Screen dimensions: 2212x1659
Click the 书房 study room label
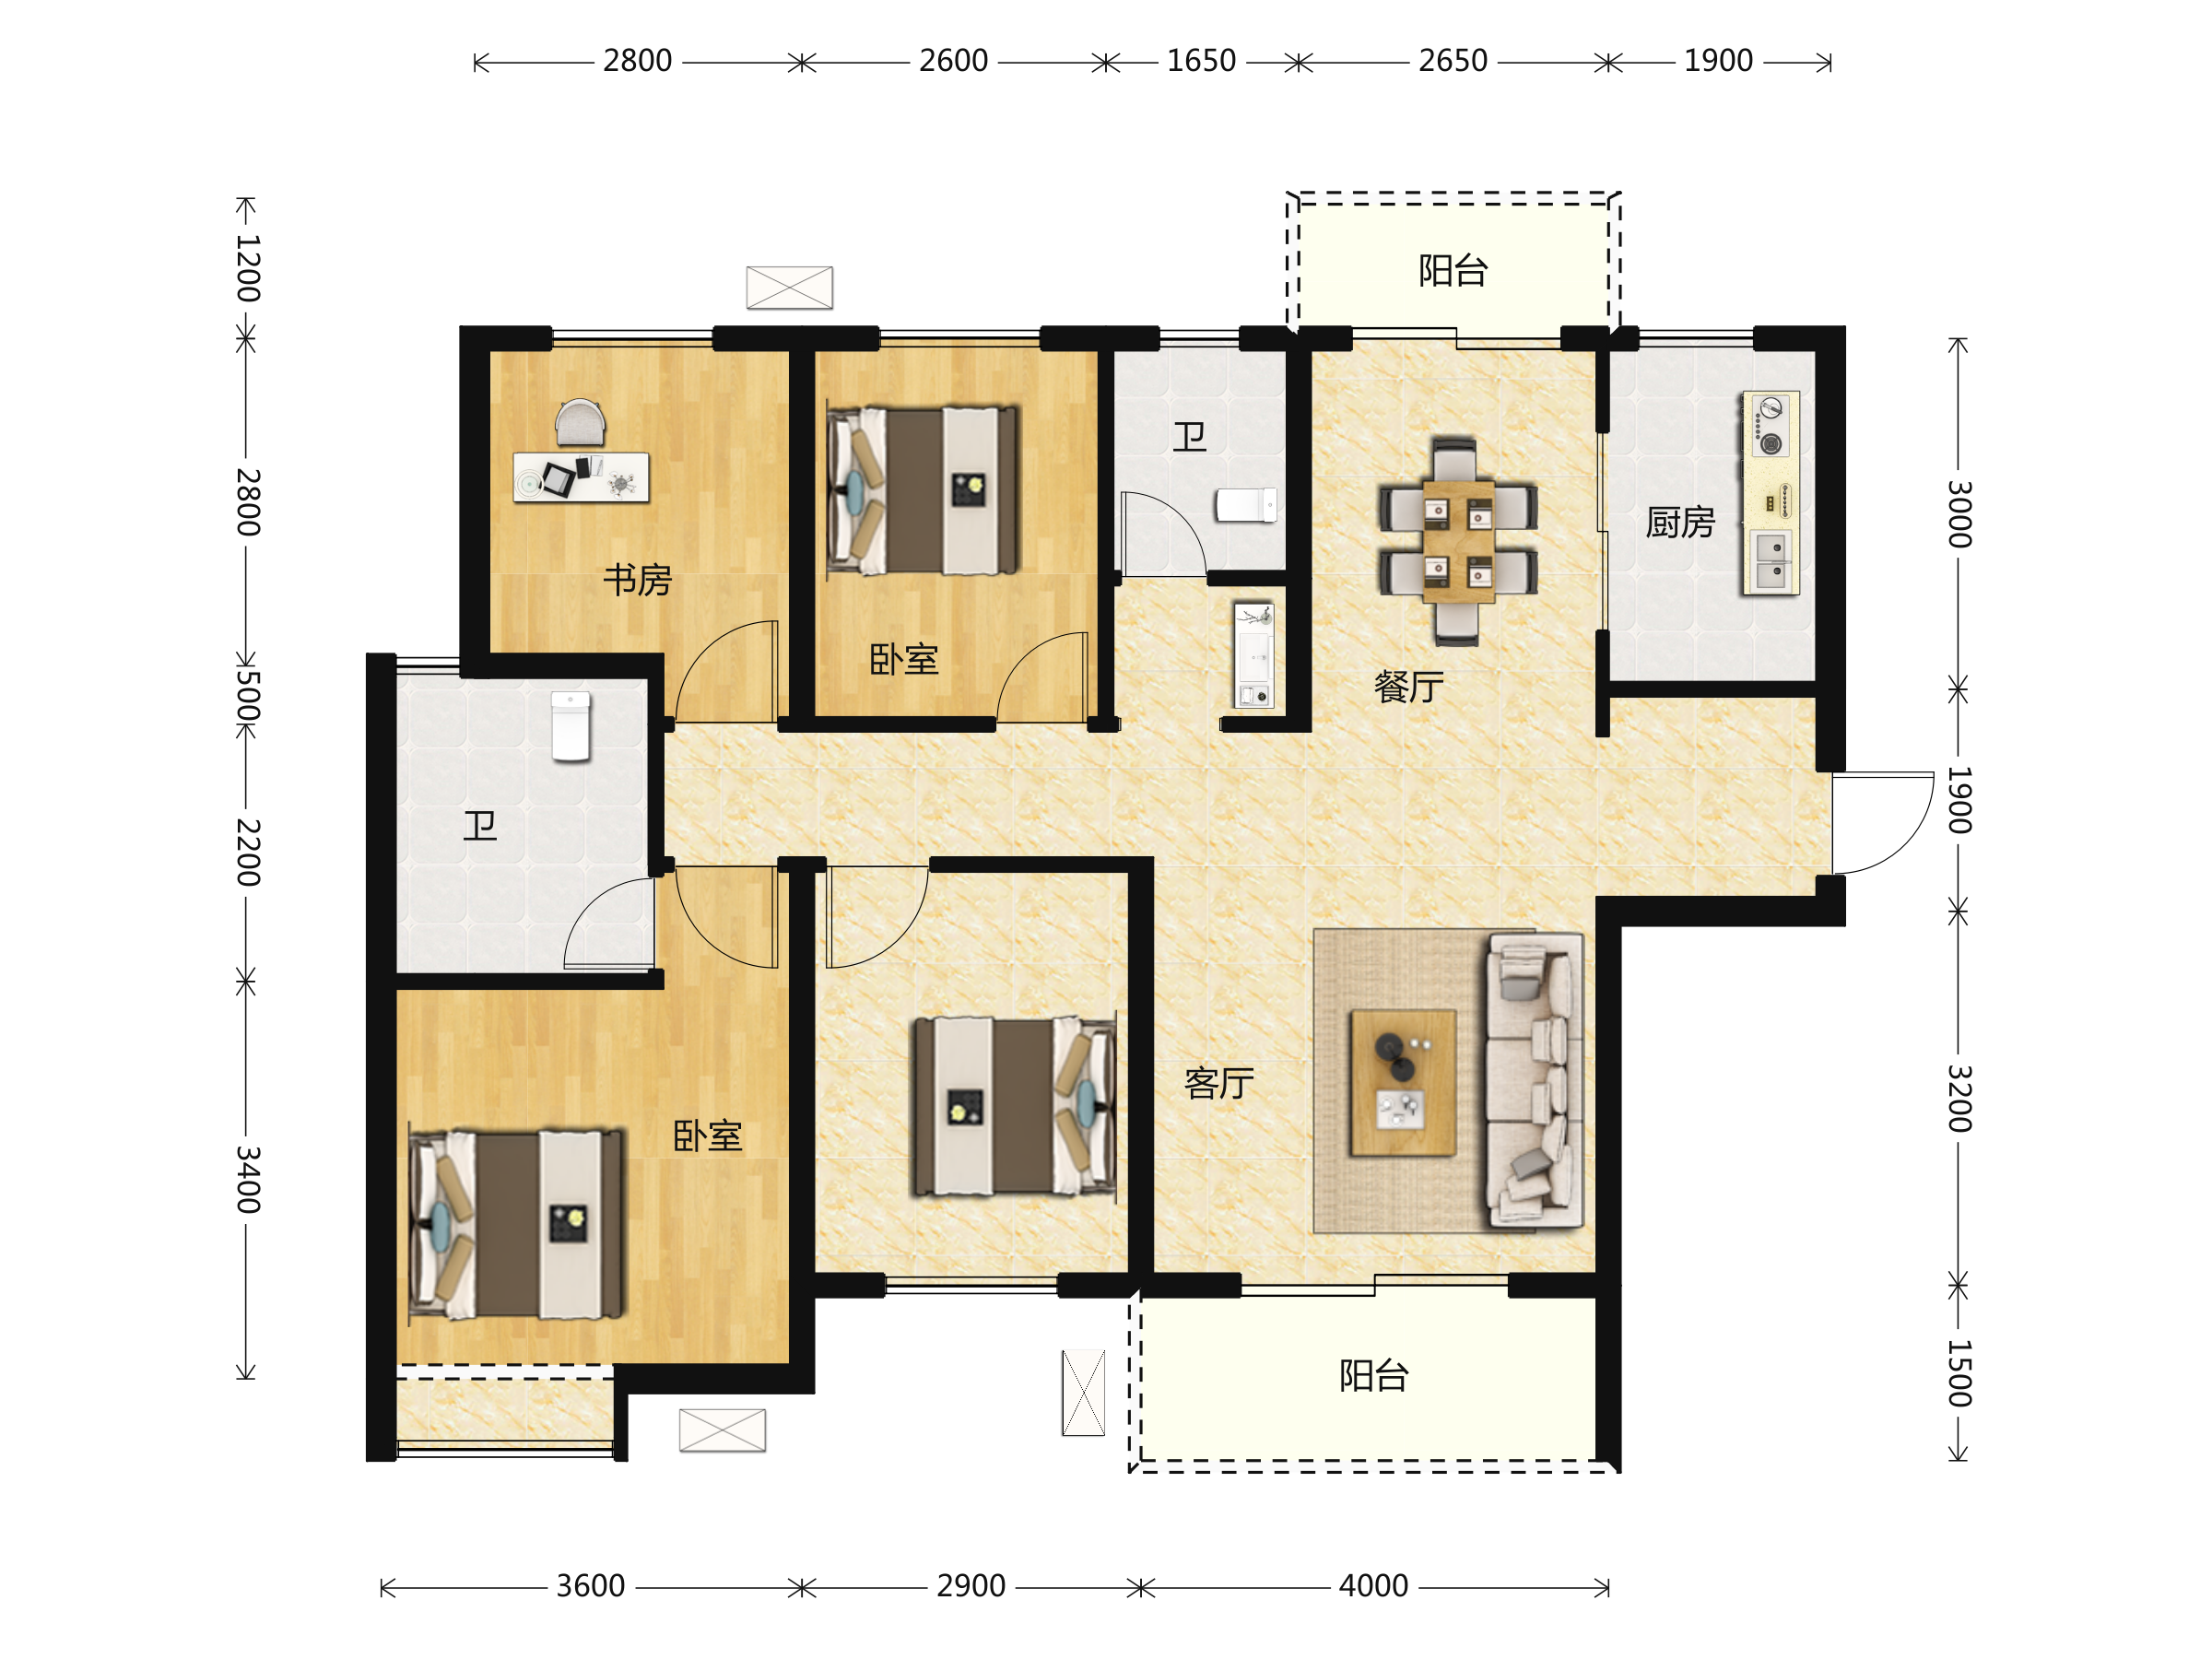(637, 580)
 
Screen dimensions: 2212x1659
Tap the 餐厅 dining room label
(1409, 687)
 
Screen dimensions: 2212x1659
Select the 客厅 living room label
(1219, 1083)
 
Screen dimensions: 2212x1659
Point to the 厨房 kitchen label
(1680, 523)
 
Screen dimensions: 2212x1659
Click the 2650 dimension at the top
(1453, 61)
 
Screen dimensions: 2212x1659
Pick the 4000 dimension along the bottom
(1373, 1586)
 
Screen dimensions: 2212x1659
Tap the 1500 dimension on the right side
(1959, 1373)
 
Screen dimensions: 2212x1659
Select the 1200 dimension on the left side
(248, 268)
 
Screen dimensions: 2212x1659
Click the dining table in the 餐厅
(1458, 541)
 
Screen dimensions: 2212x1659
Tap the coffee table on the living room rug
(1403, 1083)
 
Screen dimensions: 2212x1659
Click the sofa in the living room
(1535, 1080)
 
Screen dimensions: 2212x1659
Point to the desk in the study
(581, 477)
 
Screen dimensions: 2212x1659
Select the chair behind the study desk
(580, 422)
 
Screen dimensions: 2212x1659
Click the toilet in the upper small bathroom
(1246, 505)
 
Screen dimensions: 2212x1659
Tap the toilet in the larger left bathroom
(571, 726)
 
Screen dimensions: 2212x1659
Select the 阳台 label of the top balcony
(1453, 270)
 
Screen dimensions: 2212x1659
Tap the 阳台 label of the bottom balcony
(1374, 1376)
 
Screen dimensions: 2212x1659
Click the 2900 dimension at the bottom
(971, 1586)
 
